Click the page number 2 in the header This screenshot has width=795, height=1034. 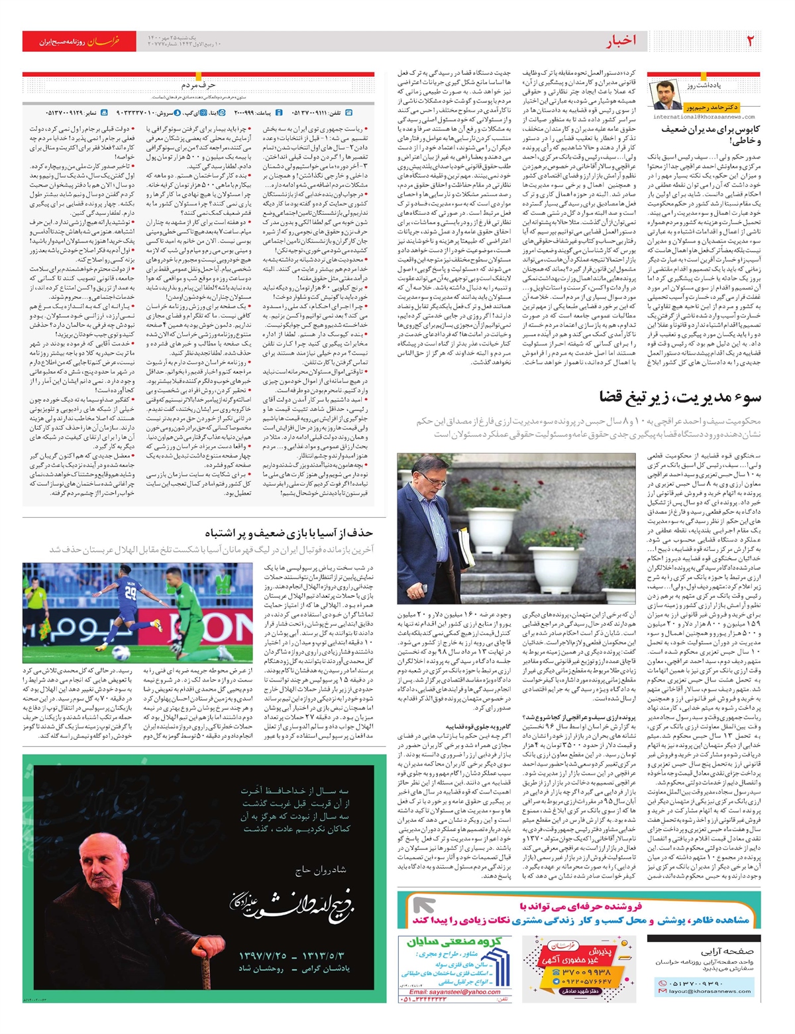(750, 41)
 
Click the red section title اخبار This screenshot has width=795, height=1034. (621, 41)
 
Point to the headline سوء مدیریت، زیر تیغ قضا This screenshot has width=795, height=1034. (680, 397)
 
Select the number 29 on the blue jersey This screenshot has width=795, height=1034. (131, 590)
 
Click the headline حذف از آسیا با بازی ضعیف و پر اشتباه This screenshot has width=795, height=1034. (288, 533)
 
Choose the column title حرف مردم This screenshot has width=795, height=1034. (198, 86)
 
